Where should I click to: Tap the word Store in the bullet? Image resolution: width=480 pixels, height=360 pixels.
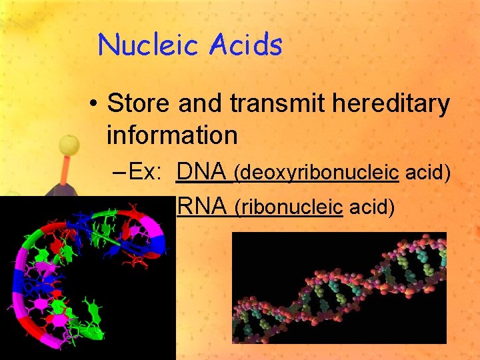click(139, 104)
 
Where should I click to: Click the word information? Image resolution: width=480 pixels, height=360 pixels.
click(171, 135)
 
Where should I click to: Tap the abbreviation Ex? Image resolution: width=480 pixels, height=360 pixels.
click(146, 173)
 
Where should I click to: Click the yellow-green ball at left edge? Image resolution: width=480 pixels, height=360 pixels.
click(69, 145)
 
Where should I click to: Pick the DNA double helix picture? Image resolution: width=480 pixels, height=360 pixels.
click(339, 287)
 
